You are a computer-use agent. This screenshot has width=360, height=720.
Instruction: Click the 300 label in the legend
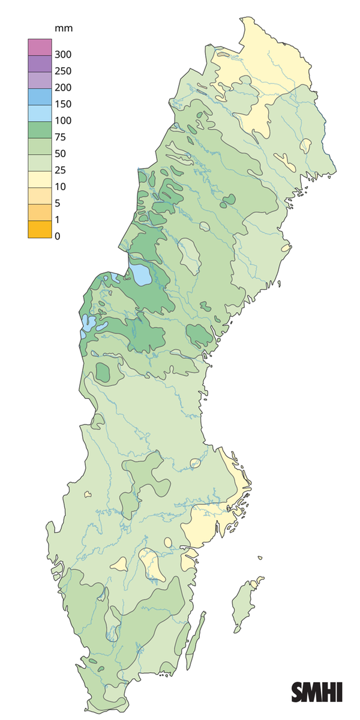click(x=62, y=55)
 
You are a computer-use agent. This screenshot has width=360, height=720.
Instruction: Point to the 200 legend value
click(x=62, y=88)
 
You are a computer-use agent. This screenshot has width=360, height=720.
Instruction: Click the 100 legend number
click(x=62, y=121)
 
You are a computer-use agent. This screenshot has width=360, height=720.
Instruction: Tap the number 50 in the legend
click(x=60, y=154)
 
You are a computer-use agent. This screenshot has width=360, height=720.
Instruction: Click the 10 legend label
click(x=60, y=187)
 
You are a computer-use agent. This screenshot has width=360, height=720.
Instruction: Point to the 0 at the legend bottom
click(x=58, y=236)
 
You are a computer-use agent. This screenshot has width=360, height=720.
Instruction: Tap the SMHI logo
click(x=317, y=692)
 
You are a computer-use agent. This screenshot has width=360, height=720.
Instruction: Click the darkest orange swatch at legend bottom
click(x=37, y=229)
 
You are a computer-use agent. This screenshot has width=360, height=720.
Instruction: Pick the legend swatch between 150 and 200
click(x=37, y=96)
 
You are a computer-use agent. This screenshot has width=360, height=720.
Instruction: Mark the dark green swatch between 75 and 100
click(x=37, y=129)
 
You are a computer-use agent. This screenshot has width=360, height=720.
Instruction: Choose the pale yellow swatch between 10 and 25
click(x=37, y=179)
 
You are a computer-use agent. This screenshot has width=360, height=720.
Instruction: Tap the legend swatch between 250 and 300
click(x=37, y=63)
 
